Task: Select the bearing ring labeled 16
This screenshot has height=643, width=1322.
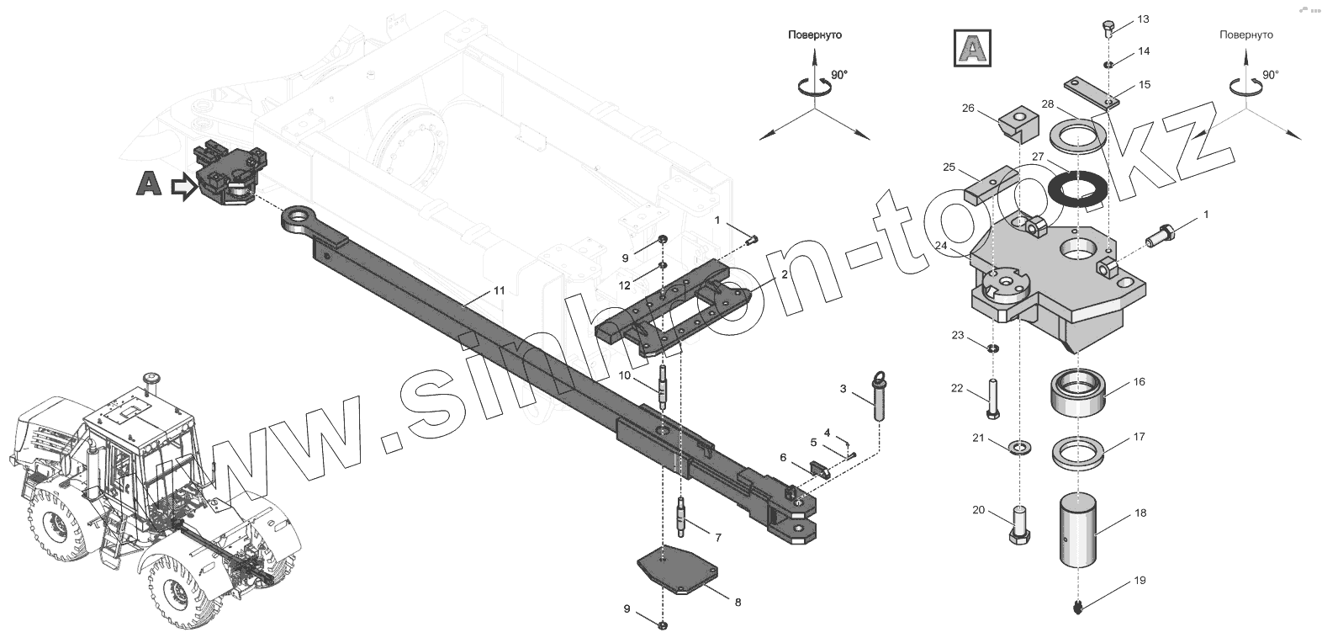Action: pos(1077,393)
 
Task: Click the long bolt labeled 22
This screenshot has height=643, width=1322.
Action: pos(993,399)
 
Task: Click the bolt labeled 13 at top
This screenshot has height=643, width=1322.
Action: pos(1107,29)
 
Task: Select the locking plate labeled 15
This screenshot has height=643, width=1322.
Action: pos(1092,92)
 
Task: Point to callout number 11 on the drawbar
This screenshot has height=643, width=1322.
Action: pos(499,290)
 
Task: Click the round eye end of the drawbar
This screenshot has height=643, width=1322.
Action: pos(299,221)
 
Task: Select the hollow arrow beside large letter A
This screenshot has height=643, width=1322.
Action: pos(182,187)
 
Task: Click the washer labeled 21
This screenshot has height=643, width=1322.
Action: pos(1019,445)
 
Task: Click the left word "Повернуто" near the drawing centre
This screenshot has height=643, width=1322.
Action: pos(814,35)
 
